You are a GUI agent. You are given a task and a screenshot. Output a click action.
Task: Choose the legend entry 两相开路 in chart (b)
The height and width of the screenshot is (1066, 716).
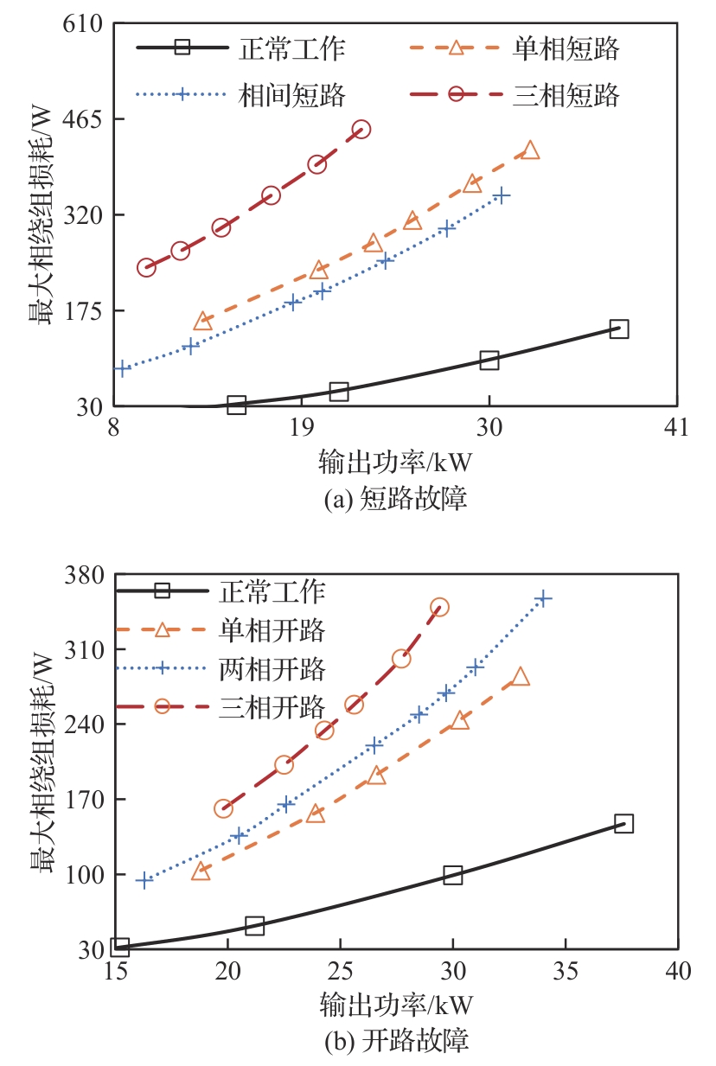pos(272,668)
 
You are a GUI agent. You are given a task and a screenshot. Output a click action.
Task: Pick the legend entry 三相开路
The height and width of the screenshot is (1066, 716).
pos(272,707)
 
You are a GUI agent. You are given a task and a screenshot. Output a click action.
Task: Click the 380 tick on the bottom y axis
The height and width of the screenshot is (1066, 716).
pos(84,574)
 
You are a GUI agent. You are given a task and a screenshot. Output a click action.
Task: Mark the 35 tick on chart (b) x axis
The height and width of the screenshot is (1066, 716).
pos(566,970)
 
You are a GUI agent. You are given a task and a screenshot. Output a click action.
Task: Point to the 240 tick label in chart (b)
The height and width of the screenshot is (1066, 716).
pos(84,724)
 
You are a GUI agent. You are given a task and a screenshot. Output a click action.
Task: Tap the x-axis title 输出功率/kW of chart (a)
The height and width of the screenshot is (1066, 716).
pos(395,463)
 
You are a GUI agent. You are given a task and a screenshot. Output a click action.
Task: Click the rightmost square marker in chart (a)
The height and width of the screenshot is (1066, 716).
pos(618,329)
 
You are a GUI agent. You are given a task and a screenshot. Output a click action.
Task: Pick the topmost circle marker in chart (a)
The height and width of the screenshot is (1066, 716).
pos(361,129)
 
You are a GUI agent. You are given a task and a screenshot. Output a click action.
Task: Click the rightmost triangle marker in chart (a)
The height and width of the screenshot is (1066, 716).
pos(530,150)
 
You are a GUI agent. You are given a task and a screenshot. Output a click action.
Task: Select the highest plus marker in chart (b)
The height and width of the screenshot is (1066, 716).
pos(543,598)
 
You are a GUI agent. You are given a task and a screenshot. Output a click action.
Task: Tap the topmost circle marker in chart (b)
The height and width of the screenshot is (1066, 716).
pos(439,607)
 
